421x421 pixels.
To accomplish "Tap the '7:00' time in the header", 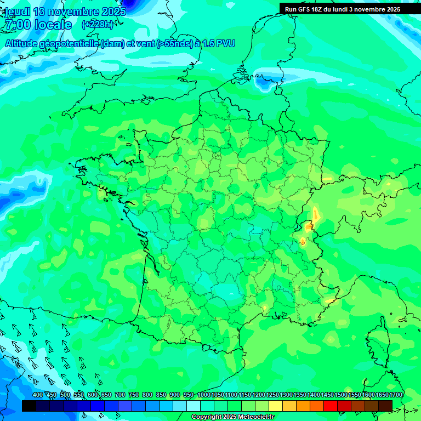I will pos(15,25).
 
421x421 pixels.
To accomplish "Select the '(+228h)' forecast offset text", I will pos(98,25).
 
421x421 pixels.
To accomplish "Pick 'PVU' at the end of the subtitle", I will pos(226,43).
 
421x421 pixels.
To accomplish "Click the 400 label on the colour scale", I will pos(38,395).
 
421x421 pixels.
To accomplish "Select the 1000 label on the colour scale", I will pos(203,395).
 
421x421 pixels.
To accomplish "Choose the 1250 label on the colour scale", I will pos(272,395).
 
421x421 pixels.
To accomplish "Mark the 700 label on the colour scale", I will pos(120,395).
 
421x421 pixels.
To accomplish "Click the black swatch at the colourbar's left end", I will pos(29,406).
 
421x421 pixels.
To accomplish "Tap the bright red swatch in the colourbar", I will pos(331,406).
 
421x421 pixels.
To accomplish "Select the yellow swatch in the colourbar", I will pos(276,406).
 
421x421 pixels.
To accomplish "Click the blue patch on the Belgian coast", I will pos(265,83).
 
